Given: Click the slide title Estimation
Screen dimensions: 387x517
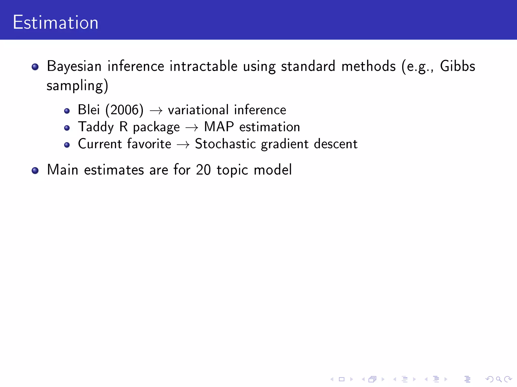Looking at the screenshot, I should click(x=56, y=23).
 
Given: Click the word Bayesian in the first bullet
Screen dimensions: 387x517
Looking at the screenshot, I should click(x=74, y=67).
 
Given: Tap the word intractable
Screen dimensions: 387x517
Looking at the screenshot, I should click(x=203, y=67).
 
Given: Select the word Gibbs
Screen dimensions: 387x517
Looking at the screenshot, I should click(x=457, y=67).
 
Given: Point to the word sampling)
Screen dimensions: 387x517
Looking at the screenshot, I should click(x=77, y=86).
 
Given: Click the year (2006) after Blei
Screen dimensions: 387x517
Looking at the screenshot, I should click(x=124, y=110).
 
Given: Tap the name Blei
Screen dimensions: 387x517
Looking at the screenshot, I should click(x=89, y=110).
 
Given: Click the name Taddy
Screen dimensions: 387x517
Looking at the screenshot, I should click(x=96, y=127).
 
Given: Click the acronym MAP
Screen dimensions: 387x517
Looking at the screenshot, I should click(x=219, y=127).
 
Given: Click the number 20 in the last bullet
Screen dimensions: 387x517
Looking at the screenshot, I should click(x=203, y=170).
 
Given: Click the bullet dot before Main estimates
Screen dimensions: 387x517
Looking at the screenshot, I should click(x=35, y=171).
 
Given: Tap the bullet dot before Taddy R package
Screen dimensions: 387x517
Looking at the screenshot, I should click(x=67, y=128).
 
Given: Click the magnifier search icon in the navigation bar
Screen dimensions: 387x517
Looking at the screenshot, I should click(x=499, y=379).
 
